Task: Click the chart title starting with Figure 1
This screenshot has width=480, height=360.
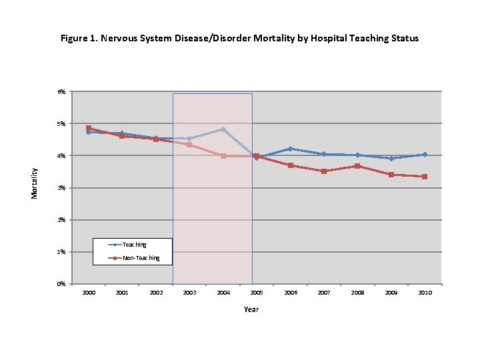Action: (x=239, y=38)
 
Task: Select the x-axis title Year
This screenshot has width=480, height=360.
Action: (x=251, y=309)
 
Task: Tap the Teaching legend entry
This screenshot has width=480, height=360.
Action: (x=134, y=245)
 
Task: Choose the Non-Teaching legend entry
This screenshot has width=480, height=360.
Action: (x=141, y=257)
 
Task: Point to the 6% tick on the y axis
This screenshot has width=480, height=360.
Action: (x=61, y=91)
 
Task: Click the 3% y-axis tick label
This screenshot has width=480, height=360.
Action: (x=61, y=188)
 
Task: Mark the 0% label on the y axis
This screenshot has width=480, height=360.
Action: (x=61, y=284)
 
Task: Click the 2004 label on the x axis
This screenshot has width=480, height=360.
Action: (x=223, y=293)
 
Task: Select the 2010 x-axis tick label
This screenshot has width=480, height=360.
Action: (x=425, y=293)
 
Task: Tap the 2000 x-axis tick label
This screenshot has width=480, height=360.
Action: (x=88, y=293)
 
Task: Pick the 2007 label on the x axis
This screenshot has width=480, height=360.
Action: (x=324, y=293)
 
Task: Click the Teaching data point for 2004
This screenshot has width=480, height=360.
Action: (x=223, y=129)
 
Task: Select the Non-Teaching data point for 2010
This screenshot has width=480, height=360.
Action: (x=425, y=177)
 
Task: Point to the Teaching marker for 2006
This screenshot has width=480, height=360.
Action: (x=290, y=149)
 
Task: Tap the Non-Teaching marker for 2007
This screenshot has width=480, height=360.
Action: (x=324, y=171)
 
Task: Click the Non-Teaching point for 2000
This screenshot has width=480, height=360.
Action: (x=88, y=128)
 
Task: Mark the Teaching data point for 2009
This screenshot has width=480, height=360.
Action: (x=391, y=159)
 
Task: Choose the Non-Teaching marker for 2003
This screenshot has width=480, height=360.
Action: (x=189, y=144)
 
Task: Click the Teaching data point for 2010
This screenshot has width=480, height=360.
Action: (x=425, y=155)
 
